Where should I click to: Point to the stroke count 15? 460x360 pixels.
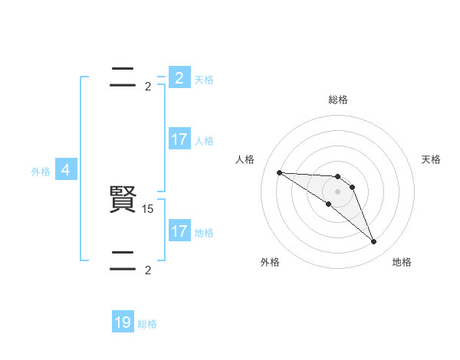tap(148, 208)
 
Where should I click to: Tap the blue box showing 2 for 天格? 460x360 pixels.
tap(179, 77)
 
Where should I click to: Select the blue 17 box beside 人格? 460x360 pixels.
tap(179, 139)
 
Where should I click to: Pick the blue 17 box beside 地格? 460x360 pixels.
tap(179, 231)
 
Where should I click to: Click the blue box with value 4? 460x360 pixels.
tap(66, 170)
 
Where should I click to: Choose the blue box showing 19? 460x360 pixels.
tap(123, 322)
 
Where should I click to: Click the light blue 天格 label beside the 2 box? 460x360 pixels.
tap(204, 80)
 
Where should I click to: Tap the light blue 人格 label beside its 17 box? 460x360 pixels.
tap(204, 141)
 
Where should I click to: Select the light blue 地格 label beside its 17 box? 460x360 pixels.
tap(204, 233)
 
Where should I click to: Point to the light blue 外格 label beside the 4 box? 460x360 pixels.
tap(41, 172)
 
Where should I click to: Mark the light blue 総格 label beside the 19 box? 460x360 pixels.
tap(147, 325)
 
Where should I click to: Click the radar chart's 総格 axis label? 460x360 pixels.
tap(338, 100)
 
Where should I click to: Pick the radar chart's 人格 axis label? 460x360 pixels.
tap(245, 159)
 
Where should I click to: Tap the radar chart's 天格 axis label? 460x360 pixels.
tap(431, 159)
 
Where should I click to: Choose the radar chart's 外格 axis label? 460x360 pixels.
tap(270, 262)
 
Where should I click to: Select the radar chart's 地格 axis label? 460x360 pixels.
tap(402, 262)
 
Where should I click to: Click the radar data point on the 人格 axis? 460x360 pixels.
tap(279, 172)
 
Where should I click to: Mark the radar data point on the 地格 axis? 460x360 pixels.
tap(373, 242)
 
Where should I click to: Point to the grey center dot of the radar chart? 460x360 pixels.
tap(338, 191)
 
